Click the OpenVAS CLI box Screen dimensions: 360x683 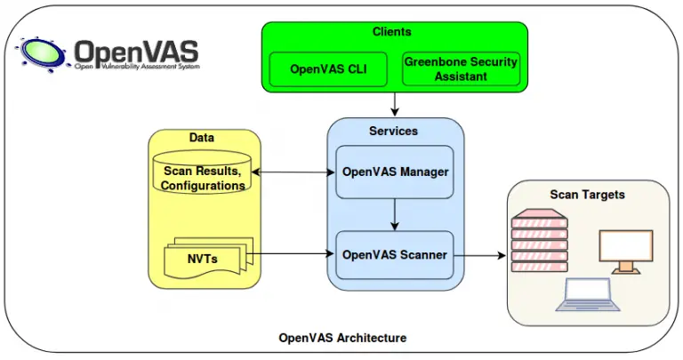(328, 68)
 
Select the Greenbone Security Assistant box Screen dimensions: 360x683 (461, 68)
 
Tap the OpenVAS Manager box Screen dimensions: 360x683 (396, 172)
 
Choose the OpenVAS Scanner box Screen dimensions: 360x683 (396, 254)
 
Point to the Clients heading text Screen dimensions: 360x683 (392, 32)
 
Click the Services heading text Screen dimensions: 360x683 (394, 131)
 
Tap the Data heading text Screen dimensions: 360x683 (202, 138)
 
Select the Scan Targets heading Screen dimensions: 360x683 (587, 194)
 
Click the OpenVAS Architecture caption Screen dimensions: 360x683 (342, 338)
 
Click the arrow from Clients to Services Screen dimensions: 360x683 (395, 104)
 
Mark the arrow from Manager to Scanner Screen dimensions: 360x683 (395, 214)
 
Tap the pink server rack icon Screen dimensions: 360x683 (539, 241)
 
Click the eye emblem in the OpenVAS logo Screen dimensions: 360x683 (42, 52)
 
